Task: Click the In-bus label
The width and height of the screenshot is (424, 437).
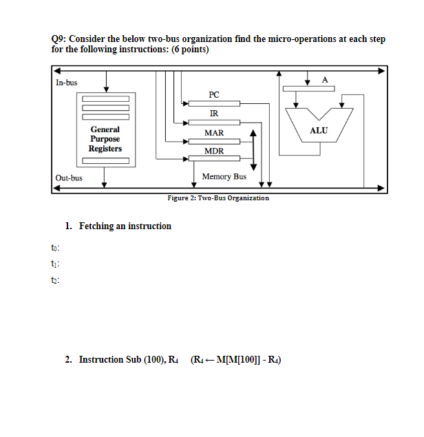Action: (67, 83)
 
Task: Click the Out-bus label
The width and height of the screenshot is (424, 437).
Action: (69, 178)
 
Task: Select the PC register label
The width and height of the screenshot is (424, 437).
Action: (214, 94)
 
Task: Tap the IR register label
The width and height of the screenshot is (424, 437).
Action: (214, 113)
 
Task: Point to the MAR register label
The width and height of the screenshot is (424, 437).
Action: (214, 132)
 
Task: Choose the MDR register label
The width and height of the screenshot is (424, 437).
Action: (214, 151)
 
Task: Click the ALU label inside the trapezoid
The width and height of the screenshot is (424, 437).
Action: (319, 130)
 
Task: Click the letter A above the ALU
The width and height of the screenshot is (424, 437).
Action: (326, 81)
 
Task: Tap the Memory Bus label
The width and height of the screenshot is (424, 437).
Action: (224, 177)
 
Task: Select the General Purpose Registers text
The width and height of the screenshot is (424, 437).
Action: (105, 139)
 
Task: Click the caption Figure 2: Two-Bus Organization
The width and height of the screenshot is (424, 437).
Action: (218, 198)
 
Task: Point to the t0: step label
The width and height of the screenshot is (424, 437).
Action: (56, 247)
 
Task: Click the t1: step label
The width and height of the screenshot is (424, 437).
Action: (56, 264)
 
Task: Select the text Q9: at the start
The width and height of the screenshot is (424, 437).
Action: (61, 39)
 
